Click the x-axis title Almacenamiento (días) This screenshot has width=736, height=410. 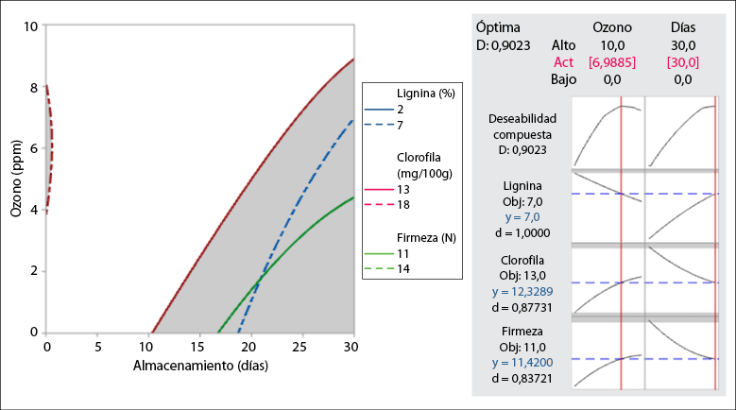pyautogui.click(x=199, y=365)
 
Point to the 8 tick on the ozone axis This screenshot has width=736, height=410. pyautogui.click(x=34, y=88)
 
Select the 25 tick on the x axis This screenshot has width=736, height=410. pyautogui.click(x=302, y=346)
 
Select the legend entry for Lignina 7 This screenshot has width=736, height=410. pyautogui.click(x=389, y=125)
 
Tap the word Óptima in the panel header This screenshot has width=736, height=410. pyautogui.click(x=498, y=27)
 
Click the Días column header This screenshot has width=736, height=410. pyautogui.click(x=683, y=27)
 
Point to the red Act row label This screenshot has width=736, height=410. pyautogui.click(x=564, y=61)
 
